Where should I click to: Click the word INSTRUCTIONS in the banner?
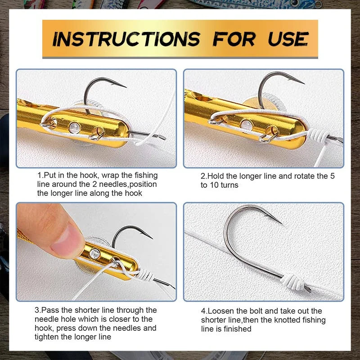(126, 39)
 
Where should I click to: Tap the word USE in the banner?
(288, 39)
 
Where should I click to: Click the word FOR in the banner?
(234, 39)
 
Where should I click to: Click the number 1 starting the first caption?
(40, 175)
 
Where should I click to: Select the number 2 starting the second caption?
(203, 176)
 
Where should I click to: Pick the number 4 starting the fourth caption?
(203, 311)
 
